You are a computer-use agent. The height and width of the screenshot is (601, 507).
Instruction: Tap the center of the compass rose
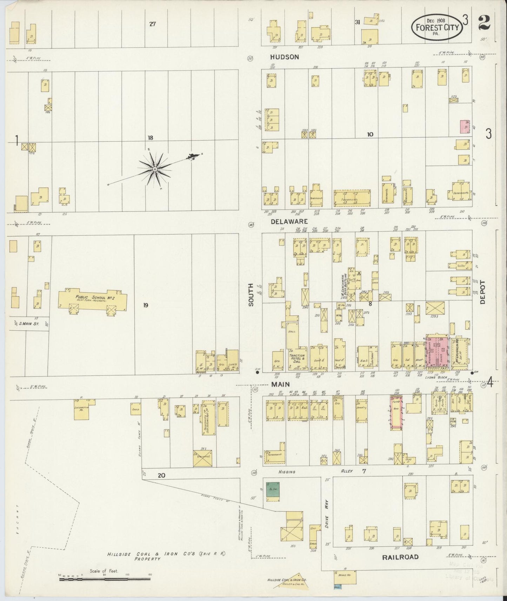(154, 170)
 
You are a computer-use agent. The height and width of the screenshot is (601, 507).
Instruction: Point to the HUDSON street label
(285, 57)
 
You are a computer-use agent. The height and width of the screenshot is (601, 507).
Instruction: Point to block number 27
(152, 24)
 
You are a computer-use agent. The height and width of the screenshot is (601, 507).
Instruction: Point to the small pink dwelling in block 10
(465, 127)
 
